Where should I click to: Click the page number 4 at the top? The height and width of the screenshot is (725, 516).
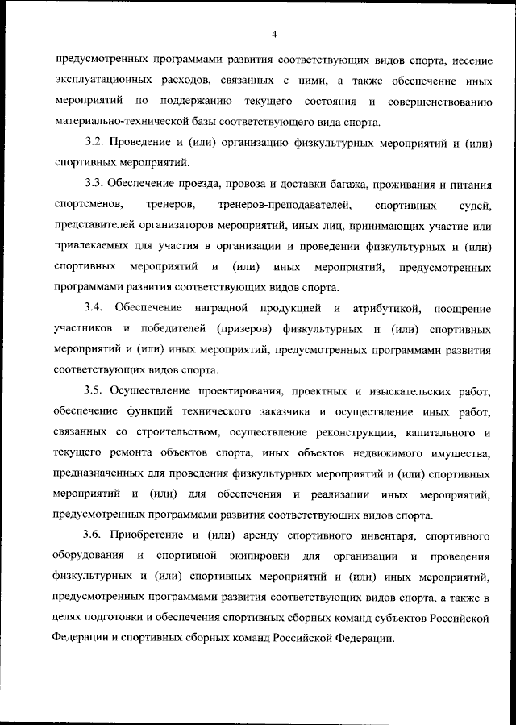[274, 35]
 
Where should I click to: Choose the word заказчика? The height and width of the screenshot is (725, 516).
[280, 412]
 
